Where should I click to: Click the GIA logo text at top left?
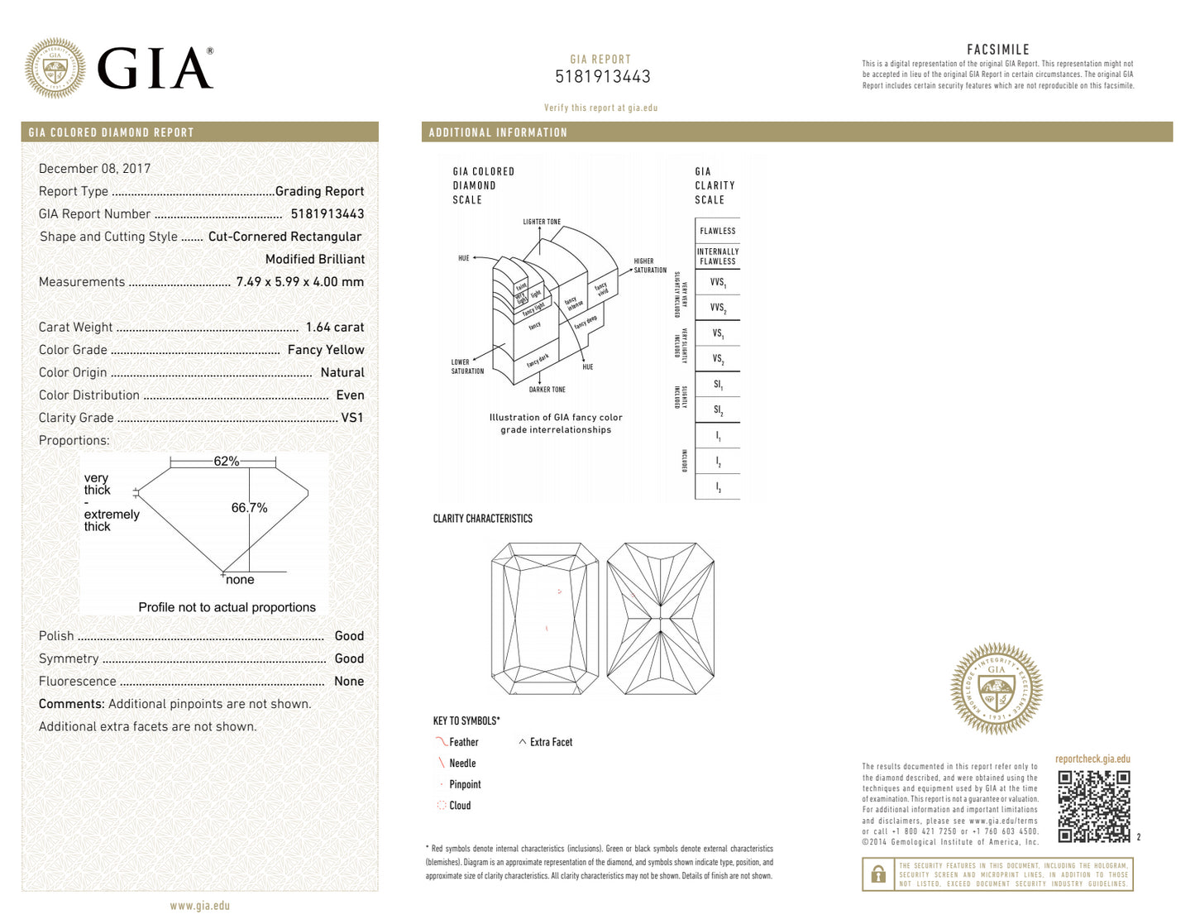point(155,69)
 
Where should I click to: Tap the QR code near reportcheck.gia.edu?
point(1093,806)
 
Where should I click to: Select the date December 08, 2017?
point(94,169)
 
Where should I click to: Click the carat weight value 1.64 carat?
point(334,328)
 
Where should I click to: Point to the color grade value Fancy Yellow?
point(325,350)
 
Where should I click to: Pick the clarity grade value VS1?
point(351,418)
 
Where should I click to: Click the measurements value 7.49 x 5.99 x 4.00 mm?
point(299,282)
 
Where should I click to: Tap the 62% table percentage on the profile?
point(226,462)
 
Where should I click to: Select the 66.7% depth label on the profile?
point(249,508)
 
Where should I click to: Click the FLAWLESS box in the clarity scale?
point(717,231)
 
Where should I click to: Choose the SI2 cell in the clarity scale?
point(718,410)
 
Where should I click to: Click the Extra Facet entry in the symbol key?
point(550,743)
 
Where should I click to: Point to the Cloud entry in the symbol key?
point(459,806)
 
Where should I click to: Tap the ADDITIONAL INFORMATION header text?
point(498,132)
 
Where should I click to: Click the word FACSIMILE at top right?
point(997,50)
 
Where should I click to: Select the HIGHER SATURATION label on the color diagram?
point(649,266)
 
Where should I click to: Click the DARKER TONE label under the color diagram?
point(547,390)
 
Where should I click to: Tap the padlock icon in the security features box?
point(878,874)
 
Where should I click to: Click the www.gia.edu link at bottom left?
point(199,906)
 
